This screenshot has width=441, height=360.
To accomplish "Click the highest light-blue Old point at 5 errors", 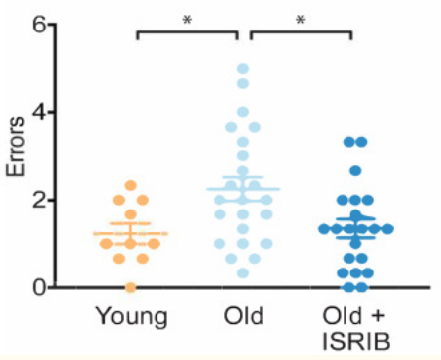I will [242, 69].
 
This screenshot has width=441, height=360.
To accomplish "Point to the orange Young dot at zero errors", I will [131, 287].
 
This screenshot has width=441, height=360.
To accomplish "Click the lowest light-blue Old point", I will [242, 272].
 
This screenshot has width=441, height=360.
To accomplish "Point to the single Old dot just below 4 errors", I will [242, 113].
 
